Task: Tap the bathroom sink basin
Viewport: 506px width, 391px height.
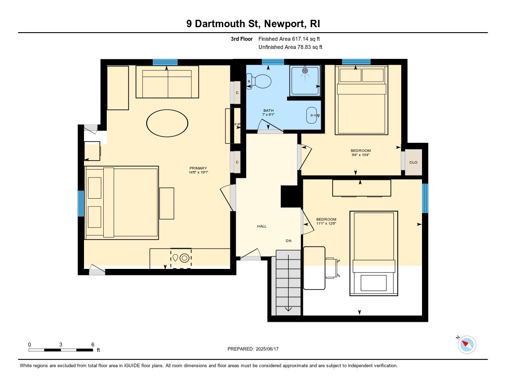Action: (312, 115)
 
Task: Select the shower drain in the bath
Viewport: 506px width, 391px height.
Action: (305, 70)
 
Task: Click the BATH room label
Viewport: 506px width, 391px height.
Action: (268, 110)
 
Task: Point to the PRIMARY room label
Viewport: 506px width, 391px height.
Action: (198, 168)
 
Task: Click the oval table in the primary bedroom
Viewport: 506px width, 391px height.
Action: (167, 123)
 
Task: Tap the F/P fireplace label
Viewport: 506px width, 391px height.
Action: (237, 125)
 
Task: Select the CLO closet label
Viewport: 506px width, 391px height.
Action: (414, 163)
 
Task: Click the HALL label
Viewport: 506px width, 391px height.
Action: (262, 226)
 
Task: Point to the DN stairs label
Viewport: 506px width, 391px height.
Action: (289, 241)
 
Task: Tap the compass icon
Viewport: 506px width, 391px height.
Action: (466, 345)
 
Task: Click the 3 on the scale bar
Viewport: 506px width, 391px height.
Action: (61, 345)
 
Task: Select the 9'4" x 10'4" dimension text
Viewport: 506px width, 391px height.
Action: (360, 155)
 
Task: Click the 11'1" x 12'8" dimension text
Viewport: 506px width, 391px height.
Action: (326, 223)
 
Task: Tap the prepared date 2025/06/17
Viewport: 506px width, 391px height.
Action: (267, 349)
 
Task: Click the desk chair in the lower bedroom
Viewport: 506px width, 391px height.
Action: (333, 267)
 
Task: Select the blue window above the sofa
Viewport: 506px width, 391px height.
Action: (165, 62)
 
